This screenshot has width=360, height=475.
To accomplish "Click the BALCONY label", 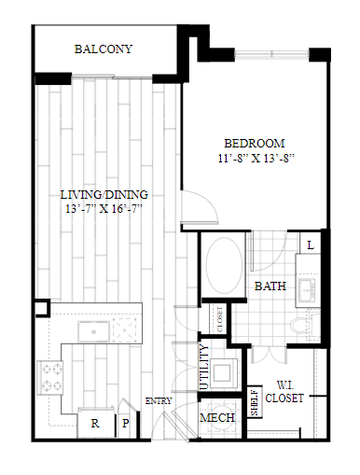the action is (104, 49).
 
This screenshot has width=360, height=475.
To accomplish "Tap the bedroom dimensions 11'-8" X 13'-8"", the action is (256, 159).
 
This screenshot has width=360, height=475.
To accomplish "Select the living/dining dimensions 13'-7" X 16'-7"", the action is (104, 209).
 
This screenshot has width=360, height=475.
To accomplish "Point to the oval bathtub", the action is (224, 265).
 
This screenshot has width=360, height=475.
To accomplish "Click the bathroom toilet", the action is (305, 325).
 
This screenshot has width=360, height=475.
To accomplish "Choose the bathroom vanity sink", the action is (307, 290).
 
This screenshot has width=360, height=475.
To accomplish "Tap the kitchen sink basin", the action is (93, 331).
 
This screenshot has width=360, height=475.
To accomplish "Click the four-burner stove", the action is (50, 378).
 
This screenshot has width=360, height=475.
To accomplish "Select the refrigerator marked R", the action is (95, 423).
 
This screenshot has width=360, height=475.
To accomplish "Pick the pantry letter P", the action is (126, 423).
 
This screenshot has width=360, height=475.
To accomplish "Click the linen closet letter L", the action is (311, 245).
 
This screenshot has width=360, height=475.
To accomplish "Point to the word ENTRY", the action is (159, 401).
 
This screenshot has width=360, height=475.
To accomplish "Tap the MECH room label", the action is (217, 417).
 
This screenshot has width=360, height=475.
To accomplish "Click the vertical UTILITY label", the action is (204, 367).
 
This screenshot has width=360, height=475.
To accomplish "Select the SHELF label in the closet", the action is (255, 403).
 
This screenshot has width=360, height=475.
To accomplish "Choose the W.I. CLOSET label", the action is (284, 392).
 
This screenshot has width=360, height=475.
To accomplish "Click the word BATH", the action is (270, 286).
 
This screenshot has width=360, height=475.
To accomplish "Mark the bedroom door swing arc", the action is (203, 203).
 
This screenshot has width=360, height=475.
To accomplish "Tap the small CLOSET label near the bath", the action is (220, 319).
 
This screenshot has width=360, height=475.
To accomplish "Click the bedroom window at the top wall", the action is (271, 54).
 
